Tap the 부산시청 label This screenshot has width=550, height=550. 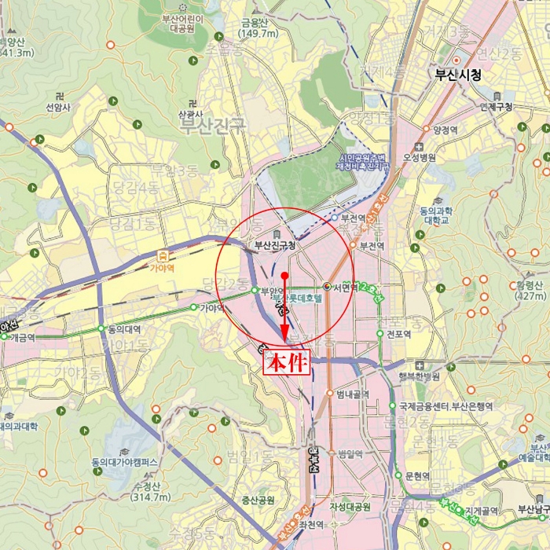[x=458, y=75]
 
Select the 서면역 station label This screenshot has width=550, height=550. [x=345, y=288]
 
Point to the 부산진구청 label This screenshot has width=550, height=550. [x=274, y=245]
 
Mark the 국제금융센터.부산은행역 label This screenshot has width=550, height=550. [x=445, y=406]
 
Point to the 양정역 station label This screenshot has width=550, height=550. [x=445, y=130]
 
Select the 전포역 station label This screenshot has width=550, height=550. [x=401, y=334]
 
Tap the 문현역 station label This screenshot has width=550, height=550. [x=417, y=476]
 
